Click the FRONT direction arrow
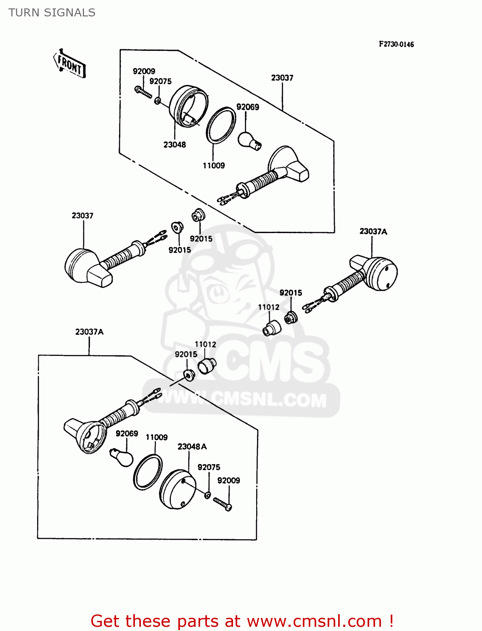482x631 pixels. pos(69,64)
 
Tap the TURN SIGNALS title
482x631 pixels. pos(52,13)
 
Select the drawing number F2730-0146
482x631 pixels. pos(396,44)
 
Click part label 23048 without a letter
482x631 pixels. pos(175,145)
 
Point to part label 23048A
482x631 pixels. pos(192,447)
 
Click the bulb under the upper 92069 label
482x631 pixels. pos(249,141)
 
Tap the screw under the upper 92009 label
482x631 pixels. pos(143,92)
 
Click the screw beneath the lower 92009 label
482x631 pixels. pos(222,504)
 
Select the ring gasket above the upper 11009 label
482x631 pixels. pos(221,125)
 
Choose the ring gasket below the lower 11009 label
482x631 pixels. pos(148,472)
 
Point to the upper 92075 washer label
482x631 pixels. pos(160,81)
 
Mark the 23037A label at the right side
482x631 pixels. pos(373,231)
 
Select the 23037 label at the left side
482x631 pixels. pos(82,216)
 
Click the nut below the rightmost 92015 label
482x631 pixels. pos(290,318)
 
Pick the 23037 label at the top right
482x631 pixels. pos(282,78)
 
